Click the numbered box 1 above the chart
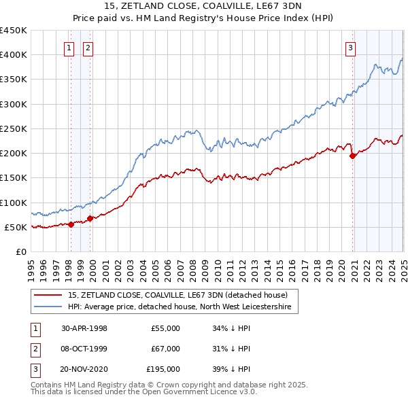(x=69, y=48)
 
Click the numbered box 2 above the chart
(x=88, y=48)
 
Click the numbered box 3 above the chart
(x=350, y=48)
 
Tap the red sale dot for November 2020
(x=352, y=156)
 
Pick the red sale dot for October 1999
(x=90, y=219)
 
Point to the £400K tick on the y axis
(x=14, y=55)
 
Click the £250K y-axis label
(x=14, y=128)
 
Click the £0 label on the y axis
(x=20, y=251)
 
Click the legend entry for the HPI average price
(x=180, y=307)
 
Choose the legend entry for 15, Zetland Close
(x=178, y=295)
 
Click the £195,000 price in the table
(x=163, y=370)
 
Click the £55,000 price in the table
(x=165, y=328)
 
